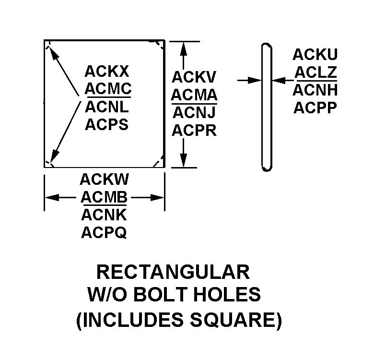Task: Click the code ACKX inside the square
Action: click(106, 71)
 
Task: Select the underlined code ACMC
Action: click(108, 89)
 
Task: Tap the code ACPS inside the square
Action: click(106, 124)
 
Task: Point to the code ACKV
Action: click(194, 77)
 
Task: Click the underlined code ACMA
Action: click(194, 95)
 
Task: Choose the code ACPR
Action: click(194, 131)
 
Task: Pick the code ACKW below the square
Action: click(104, 180)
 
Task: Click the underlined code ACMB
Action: click(104, 197)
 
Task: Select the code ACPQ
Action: click(104, 232)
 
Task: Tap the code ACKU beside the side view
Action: click(315, 54)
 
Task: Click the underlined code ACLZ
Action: click(316, 72)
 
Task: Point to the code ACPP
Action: click(315, 108)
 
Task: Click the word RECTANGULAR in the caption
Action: click(173, 272)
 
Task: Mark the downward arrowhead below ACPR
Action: click(183, 160)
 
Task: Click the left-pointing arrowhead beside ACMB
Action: click(52, 198)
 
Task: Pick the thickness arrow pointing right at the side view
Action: click(249, 81)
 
